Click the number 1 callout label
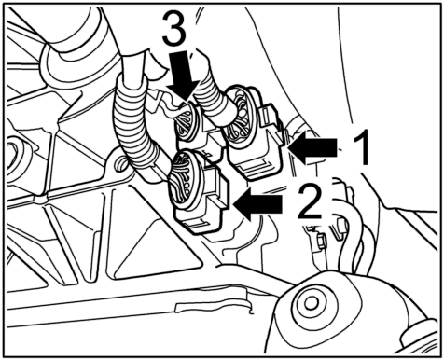click(361, 147)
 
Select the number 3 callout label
click(174, 30)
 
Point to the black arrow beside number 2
click(258, 204)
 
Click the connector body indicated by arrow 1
click(254, 133)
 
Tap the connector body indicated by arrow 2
click(199, 192)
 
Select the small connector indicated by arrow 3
click(194, 124)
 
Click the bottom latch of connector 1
click(259, 170)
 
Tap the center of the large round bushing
click(310, 301)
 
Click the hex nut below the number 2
click(322, 241)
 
